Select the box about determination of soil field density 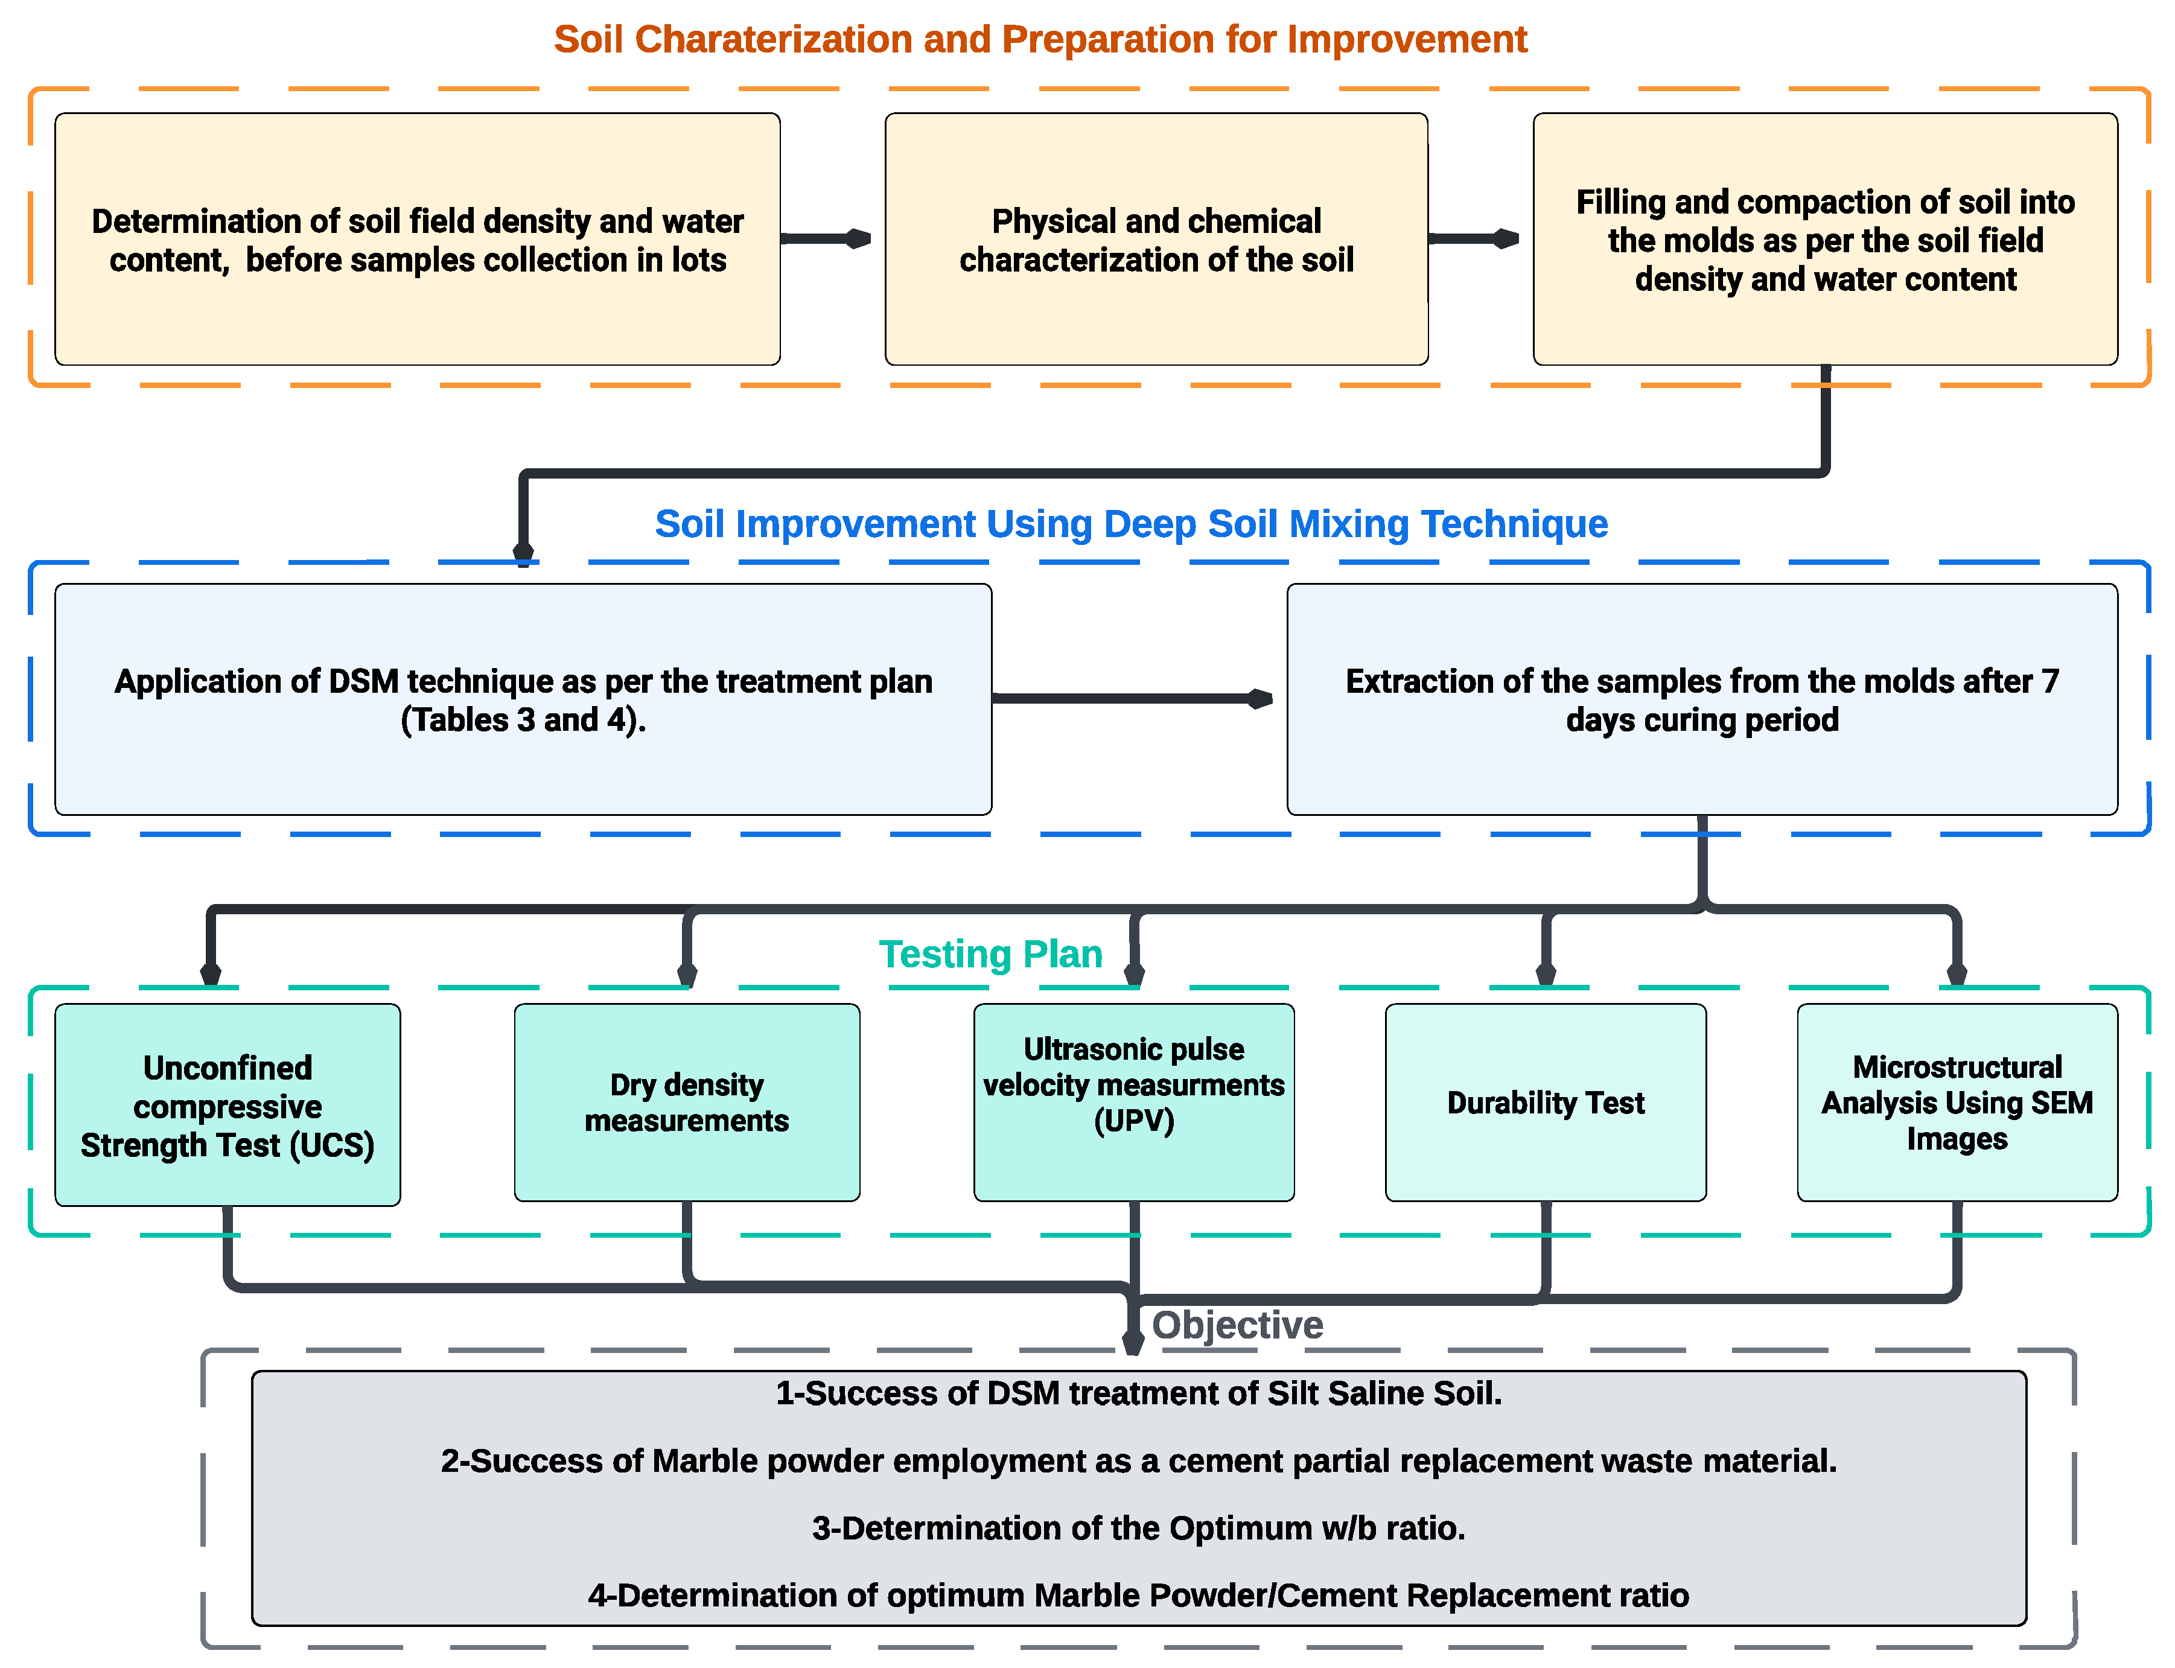[417, 240]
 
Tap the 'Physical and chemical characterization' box [1156, 240]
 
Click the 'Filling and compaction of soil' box [1824, 240]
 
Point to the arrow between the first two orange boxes [826, 238]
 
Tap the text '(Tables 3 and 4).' [523, 720]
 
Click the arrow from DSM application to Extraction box [1132, 699]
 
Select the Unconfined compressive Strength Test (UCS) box [228, 1105]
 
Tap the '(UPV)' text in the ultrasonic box [1133, 1121]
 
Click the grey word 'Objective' [1237, 1325]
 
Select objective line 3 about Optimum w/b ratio [1139, 1528]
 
